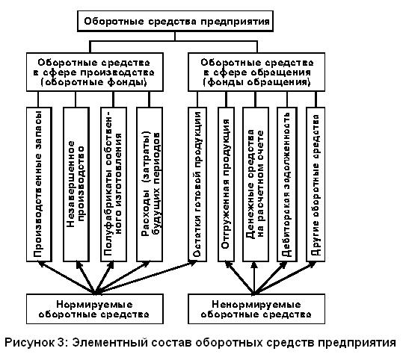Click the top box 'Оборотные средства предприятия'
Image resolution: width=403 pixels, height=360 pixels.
point(175,21)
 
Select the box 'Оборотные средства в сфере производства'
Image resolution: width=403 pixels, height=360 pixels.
point(95,72)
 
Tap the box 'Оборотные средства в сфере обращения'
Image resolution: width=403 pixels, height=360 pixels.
point(256,72)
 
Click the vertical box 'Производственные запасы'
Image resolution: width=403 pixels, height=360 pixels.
point(40,184)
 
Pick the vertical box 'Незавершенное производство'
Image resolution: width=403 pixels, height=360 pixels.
point(76,184)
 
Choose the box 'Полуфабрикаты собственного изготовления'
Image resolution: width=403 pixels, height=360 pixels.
point(114,184)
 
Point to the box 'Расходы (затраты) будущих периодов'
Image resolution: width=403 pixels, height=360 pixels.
point(150,184)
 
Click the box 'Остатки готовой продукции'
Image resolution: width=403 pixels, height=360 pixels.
point(197,184)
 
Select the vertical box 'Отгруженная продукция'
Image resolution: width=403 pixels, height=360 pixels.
point(226,184)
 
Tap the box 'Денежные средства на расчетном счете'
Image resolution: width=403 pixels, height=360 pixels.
point(256,184)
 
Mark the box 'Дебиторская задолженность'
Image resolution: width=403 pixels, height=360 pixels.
point(287,184)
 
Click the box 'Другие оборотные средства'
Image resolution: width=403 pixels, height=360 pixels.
point(316,184)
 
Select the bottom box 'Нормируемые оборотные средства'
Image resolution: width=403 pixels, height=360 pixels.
point(95,309)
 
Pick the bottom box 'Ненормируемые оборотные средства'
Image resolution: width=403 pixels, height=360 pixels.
point(256,309)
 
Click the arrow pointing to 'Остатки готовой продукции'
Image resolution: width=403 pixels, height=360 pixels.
point(147,277)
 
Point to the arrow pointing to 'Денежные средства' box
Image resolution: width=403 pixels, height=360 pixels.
point(254,278)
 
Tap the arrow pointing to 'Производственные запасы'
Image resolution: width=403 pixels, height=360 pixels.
point(67,277)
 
